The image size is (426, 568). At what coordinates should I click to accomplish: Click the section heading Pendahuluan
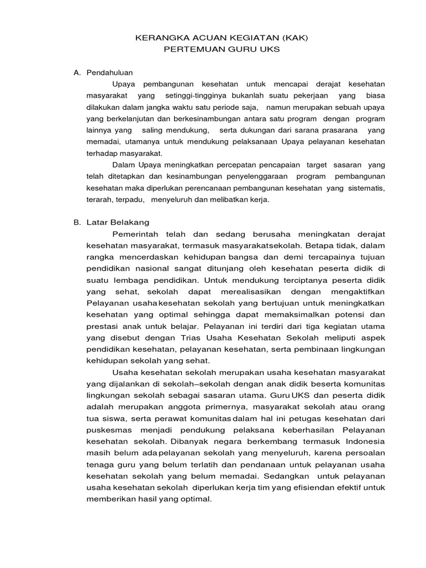110,72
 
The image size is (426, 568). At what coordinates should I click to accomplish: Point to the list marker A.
77,72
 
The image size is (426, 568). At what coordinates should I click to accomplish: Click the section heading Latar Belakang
118,222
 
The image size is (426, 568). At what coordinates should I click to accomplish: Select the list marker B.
77,222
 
